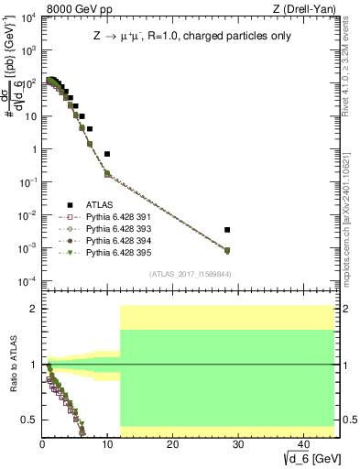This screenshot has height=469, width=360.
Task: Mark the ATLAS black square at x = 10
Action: (x=107, y=154)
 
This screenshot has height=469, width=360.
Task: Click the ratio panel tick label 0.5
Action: (x=30, y=420)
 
